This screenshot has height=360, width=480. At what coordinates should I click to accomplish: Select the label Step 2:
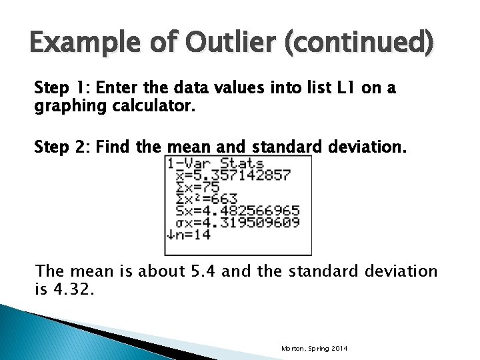click(63, 147)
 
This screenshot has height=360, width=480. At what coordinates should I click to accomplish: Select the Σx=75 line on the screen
click(198, 187)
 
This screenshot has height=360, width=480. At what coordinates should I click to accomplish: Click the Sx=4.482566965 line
click(237, 211)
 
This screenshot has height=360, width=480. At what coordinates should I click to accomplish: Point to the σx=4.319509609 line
click(237, 222)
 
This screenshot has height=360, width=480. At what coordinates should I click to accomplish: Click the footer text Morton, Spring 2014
click(314, 349)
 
